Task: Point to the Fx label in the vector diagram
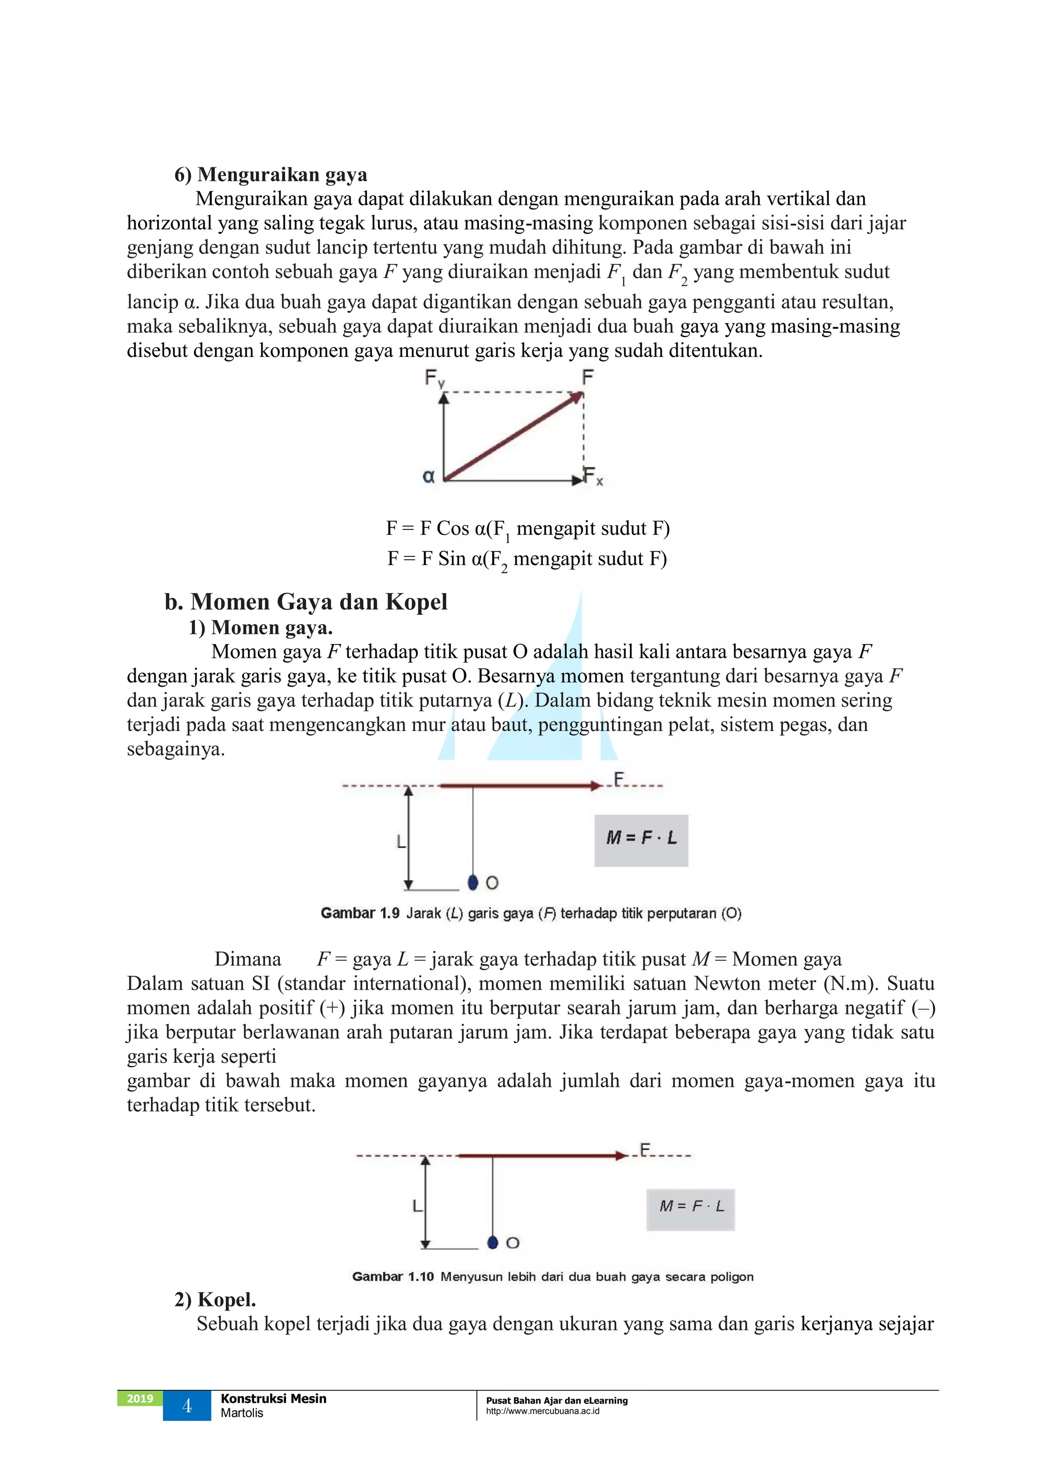point(593,477)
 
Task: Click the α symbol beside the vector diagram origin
point(428,477)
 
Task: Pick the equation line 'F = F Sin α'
point(527,559)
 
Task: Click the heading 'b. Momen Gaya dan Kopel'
point(306,602)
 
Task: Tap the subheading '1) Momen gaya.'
point(260,628)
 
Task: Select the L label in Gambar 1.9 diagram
point(401,842)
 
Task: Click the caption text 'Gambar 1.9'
point(360,913)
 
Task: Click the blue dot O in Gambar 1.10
point(493,1242)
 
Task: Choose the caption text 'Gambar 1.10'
point(392,1277)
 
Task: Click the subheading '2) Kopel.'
point(215,1299)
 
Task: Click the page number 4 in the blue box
point(187,1406)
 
